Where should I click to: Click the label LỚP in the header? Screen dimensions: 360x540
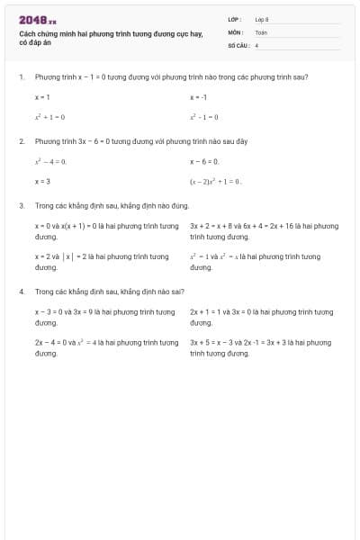pos(234,19)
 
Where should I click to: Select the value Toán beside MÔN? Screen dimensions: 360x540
pos(261,31)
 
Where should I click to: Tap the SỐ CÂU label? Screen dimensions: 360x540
pos(237,44)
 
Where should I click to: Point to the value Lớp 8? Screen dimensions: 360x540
pos(262,19)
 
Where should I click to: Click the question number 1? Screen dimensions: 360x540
pos(21,77)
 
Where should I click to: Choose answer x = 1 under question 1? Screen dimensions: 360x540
pos(42,96)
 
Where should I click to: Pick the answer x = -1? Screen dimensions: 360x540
pos(199,96)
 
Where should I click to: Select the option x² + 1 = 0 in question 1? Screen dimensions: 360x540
pos(49,117)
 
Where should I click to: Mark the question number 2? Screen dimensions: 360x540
pos(21,141)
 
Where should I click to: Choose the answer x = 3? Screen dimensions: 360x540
pos(42,181)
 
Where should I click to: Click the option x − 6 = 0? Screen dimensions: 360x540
pos(204,161)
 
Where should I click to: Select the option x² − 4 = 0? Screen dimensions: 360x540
pos(50,161)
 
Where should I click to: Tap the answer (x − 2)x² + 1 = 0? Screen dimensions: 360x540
pos(216,181)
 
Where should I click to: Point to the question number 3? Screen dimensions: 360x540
pos(21,205)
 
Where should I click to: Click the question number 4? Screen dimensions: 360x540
pos(21,292)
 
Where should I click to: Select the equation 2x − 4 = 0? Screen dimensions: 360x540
pos(51,343)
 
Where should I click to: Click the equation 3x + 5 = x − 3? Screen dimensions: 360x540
pos(215,343)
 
